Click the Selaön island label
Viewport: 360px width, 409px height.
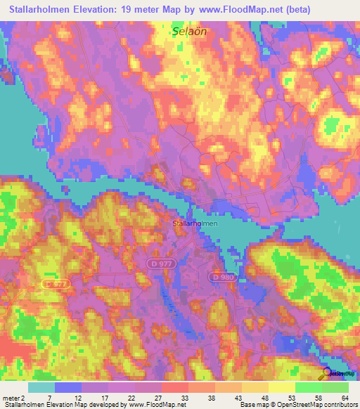[184, 32]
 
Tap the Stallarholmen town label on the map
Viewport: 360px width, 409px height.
[195, 223]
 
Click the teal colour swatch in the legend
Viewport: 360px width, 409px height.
[41, 387]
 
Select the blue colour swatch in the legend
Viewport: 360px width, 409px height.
[68, 387]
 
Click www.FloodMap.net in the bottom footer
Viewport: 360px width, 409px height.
[154, 405]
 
